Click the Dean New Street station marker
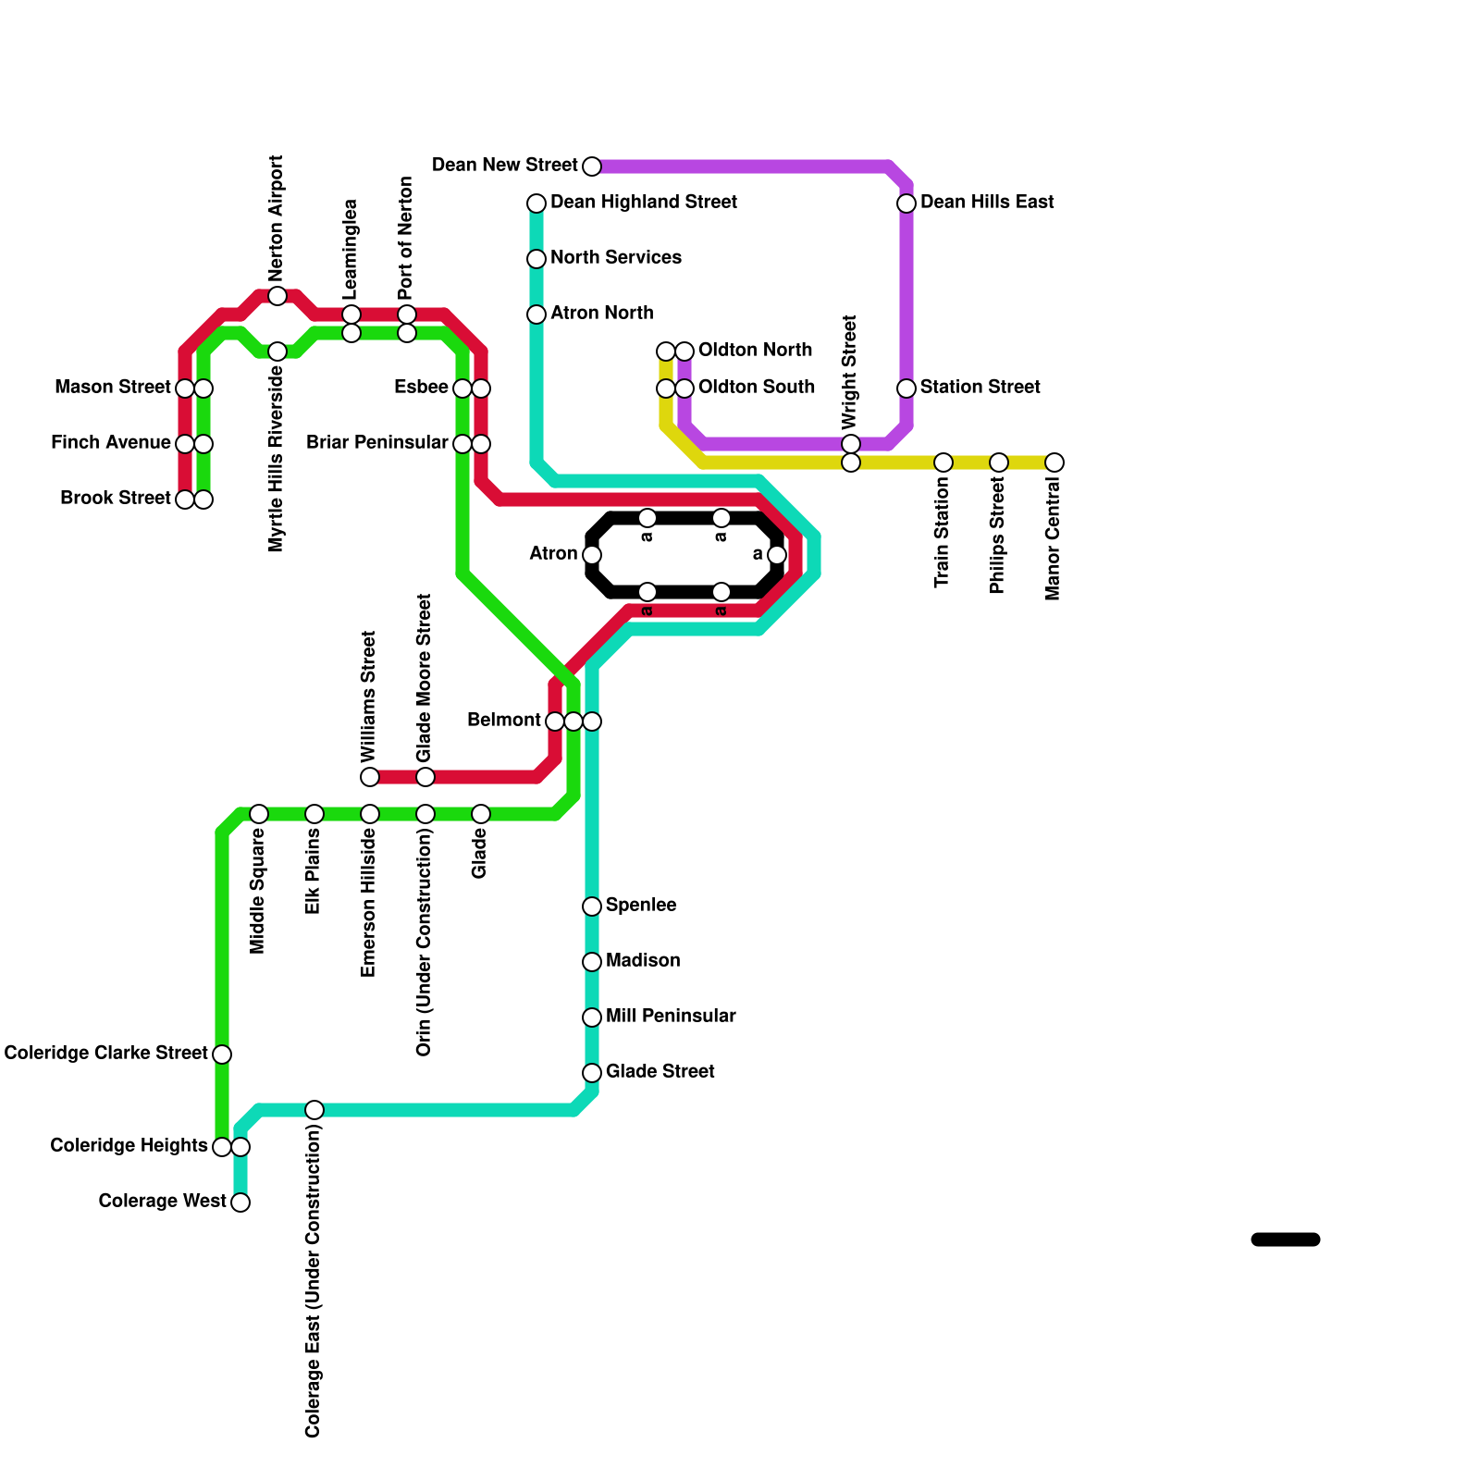(x=592, y=166)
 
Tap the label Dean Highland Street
(x=643, y=203)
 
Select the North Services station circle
(x=536, y=259)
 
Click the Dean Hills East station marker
(x=906, y=203)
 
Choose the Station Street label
(x=980, y=388)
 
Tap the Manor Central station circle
(x=1054, y=462)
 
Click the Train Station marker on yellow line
(x=943, y=462)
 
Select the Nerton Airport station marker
(x=277, y=296)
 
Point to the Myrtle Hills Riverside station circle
(x=277, y=351)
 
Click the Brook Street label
(x=116, y=499)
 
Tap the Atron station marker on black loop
(x=592, y=555)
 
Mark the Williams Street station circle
(x=370, y=777)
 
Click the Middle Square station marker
(x=259, y=814)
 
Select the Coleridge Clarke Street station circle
(x=222, y=1054)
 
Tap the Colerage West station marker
(x=240, y=1202)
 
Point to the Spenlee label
(x=641, y=906)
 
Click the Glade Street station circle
(x=592, y=1073)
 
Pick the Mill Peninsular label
(x=671, y=1017)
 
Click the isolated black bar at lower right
(x=1285, y=1239)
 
